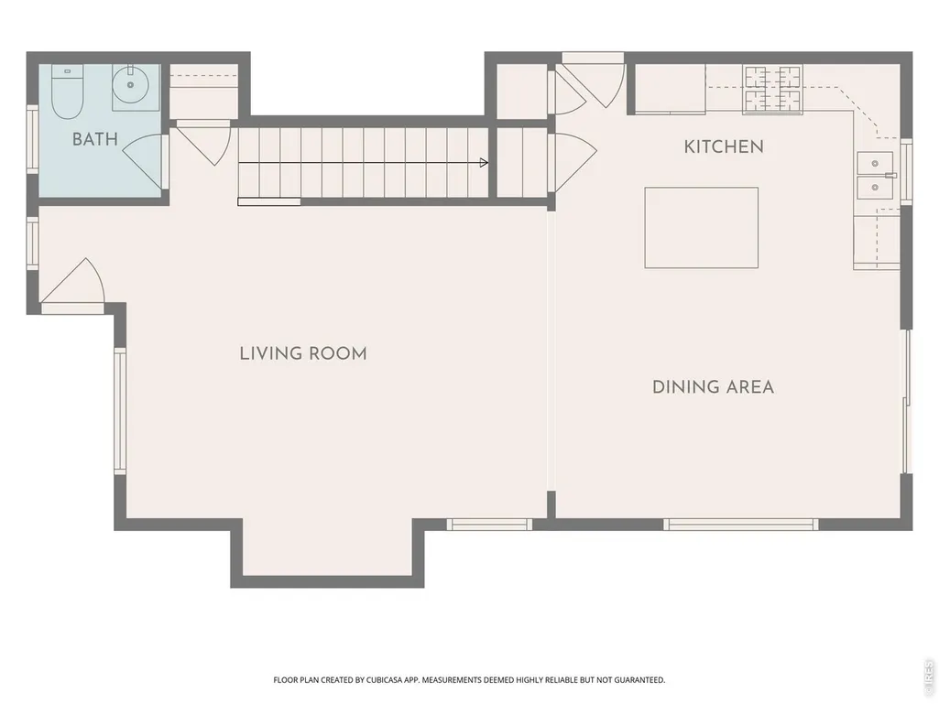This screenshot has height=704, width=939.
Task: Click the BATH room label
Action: click(x=94, y=139)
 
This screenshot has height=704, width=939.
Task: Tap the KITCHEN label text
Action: click(x=724, y=146)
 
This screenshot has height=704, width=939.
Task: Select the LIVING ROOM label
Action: click(x=303, y=353)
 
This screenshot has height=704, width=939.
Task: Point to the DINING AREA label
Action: click(x=713, y=386)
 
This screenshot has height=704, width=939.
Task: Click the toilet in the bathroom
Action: click(x=67, y=92)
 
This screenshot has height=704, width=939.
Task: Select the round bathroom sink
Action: click(x=130, y=84)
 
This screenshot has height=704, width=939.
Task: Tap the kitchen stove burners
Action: click(x=772, y=89)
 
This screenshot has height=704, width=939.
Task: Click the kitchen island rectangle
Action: click(x=701, y=227)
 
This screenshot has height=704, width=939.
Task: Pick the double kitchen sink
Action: click(x=874, y=175)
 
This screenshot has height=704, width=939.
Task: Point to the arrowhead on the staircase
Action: click(x=484, y=162)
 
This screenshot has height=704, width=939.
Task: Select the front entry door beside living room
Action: click(x=72, y=286)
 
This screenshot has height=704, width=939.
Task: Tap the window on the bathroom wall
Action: click(x=32, y=139)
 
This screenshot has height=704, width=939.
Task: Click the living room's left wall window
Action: click(x=120, y=411)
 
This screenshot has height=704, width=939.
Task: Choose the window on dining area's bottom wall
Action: click(x=741, y=525)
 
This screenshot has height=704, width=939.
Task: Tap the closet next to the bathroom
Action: click(x=203, y=91)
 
